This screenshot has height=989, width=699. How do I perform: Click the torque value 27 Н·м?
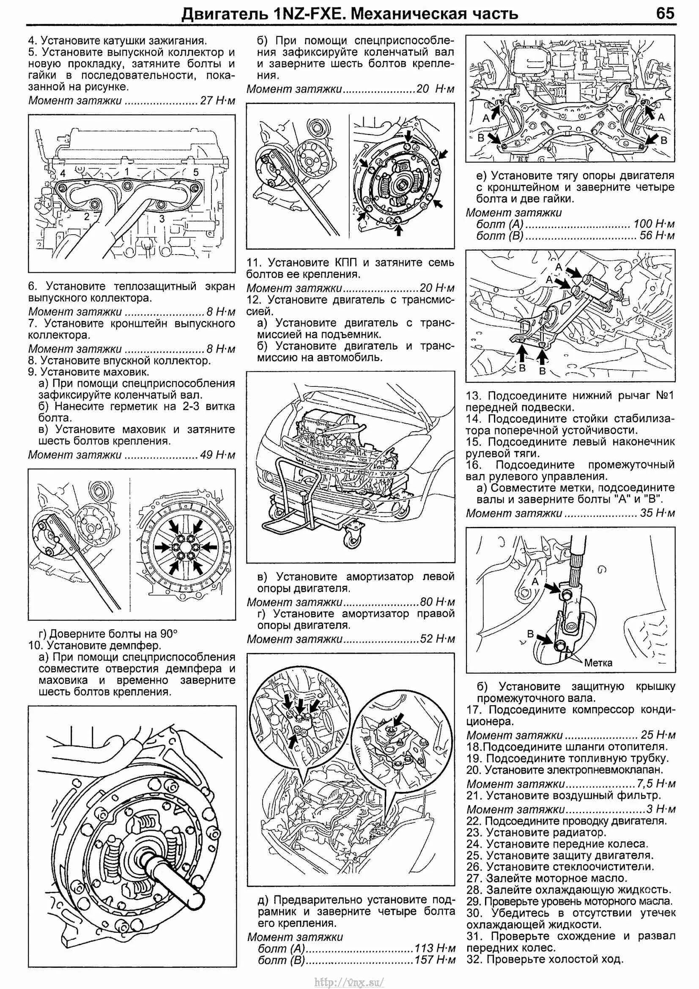pyautogui.click(x=218, y=101)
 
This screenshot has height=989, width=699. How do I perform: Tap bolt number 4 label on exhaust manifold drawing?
pyautogui.click(x=63, y=174)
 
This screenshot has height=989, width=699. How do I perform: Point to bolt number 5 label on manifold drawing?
pyautogui.click(x=195, y=172)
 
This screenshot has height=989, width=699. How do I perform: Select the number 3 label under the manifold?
pyautogui.click(x=162, y=219)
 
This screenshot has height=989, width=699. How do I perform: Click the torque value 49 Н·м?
pyautogui.click(x=218, y=455)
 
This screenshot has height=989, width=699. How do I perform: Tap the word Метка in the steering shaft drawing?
pyautogui.click(x=598, y=663)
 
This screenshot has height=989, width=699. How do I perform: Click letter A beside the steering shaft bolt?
pyautogui.click(x=535, y=581)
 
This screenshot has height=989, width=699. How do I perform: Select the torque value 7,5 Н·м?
pyautogui.click(x=656, y=784)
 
